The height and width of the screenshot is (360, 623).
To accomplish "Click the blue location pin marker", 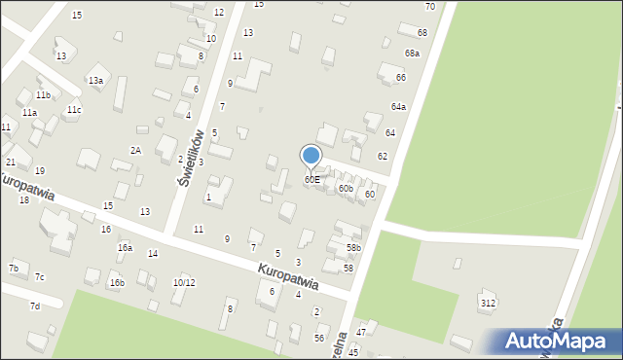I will (311, 155).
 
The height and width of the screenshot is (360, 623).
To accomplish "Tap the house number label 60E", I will (311, 180).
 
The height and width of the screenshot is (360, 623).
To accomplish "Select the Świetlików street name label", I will (190, 157).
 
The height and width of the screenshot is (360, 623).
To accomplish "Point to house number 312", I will (488, 304).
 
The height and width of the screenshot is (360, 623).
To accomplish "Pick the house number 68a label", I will (413, 54).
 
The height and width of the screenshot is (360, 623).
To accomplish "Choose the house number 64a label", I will (399, 107).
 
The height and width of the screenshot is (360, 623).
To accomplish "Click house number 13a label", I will (95, 81).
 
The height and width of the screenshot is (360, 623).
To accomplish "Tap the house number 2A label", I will (136, 150).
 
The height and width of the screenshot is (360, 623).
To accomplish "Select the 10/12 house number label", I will (184, 283).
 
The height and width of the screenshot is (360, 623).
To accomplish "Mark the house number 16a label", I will (125, 248).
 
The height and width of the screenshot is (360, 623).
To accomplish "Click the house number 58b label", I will (353, 248).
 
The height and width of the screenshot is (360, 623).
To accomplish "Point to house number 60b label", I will (346, 188).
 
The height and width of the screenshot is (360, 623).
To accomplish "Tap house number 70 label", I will (429, 7).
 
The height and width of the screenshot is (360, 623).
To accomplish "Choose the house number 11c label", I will (74, 110).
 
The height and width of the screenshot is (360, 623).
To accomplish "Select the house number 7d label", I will (35, 306).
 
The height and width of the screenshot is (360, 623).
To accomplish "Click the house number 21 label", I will (11, 162).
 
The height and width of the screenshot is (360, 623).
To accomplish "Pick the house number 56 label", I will (319, 338).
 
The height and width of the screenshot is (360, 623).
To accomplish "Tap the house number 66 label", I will (401, 77).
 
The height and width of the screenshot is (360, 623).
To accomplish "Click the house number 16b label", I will (117, 283).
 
